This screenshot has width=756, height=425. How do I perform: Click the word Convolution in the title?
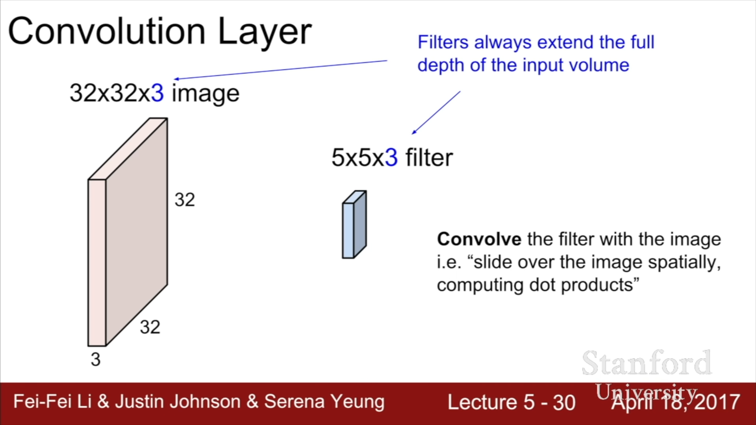(107, 31)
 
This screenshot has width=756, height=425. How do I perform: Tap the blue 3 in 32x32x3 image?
(157, 93)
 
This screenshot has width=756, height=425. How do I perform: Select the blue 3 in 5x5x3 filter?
(391, 157)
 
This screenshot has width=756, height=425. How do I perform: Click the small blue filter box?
(354, 224)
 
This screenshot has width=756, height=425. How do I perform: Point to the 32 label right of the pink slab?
(185, 200)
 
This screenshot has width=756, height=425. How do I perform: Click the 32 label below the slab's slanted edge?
(150, 327)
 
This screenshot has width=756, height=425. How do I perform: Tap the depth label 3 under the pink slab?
(96, 359)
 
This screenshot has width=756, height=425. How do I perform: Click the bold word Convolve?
(479, 239)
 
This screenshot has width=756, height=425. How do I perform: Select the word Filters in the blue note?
(443, 42)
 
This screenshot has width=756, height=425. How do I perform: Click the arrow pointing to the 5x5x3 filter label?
(436, 113)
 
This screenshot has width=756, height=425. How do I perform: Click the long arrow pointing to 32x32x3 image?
(281, 70)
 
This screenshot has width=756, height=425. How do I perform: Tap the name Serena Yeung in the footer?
(324, 401)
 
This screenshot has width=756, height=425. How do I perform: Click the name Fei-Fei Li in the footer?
(52, 401)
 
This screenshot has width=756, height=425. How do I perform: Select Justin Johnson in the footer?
(178, 401)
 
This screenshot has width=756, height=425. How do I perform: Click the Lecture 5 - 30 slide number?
(511, 402)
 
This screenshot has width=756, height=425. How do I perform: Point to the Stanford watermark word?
(647, 363)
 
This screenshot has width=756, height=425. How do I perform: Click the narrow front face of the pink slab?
(97, 263)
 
